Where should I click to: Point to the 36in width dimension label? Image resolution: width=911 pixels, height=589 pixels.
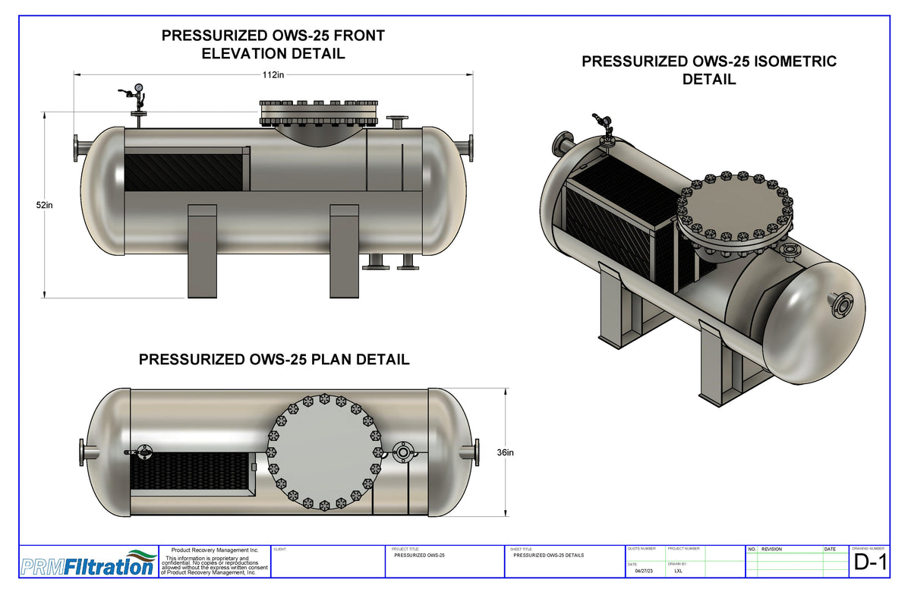505,452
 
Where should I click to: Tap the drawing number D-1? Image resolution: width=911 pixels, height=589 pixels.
869,562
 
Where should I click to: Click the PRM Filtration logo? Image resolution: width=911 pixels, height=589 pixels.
87,563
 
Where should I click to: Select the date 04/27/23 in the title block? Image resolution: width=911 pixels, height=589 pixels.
645,571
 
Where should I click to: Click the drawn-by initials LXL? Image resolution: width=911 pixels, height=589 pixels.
678,571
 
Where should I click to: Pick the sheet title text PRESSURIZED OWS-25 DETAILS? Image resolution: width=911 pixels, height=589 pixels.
548,556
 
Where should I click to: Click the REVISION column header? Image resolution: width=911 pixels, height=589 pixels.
772,549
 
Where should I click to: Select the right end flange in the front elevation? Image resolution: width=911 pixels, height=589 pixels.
471,147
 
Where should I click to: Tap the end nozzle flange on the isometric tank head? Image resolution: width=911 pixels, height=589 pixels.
841,305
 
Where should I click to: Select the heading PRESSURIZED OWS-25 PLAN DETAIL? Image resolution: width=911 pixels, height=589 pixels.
274,360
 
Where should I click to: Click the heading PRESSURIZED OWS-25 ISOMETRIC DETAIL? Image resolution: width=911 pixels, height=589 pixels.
709,70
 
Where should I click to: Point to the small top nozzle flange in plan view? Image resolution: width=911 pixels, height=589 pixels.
402,452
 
